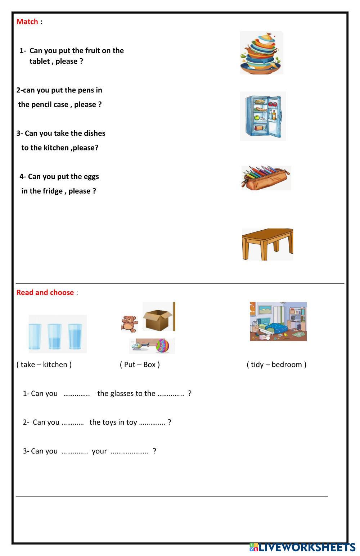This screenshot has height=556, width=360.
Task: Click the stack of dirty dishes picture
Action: click(261, 53)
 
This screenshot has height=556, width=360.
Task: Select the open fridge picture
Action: click(263, 116)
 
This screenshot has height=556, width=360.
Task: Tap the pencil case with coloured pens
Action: click(266, 178)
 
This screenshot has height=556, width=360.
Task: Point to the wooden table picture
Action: click(267, 244)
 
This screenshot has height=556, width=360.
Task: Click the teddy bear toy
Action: click(130, 324)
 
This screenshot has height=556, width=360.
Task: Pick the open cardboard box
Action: click(158, 317)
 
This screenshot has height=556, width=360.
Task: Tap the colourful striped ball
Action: click(162, 346)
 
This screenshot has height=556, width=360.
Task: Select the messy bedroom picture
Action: click(278, 321)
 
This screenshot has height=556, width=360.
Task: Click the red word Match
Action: click(27, 22)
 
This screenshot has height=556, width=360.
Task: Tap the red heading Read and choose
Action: click(45, 293)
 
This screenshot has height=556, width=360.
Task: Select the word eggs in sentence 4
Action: click(91, 177)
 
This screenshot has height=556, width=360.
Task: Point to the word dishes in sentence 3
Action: click(94, 134)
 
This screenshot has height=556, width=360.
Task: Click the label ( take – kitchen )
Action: click(44, 365)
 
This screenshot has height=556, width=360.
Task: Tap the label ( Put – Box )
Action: click(140, 365)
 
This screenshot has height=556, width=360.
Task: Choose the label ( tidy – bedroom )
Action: click(276, 365)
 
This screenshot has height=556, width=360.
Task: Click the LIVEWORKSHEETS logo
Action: click(302, 548)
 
